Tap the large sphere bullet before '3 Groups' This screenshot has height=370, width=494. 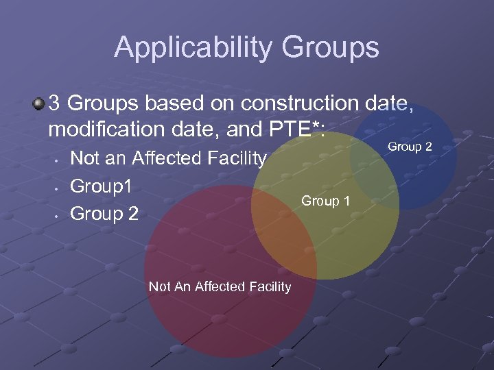(38, 104)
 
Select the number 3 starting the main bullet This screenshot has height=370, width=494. (56, 104)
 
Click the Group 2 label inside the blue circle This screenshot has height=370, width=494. (410, 147)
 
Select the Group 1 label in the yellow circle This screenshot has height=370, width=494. (326, 201)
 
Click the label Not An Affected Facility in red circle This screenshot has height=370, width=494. (220, 286)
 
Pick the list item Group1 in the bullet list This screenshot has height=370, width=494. (101, 186)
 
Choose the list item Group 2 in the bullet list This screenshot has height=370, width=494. (104, 214)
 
